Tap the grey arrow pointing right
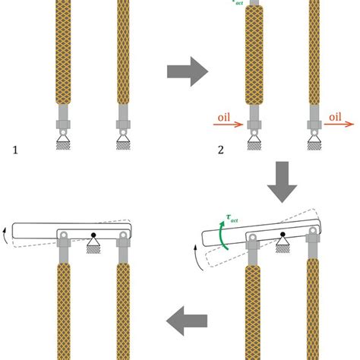[x=187, y=73]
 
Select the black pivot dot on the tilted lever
[x=282, y=234]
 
